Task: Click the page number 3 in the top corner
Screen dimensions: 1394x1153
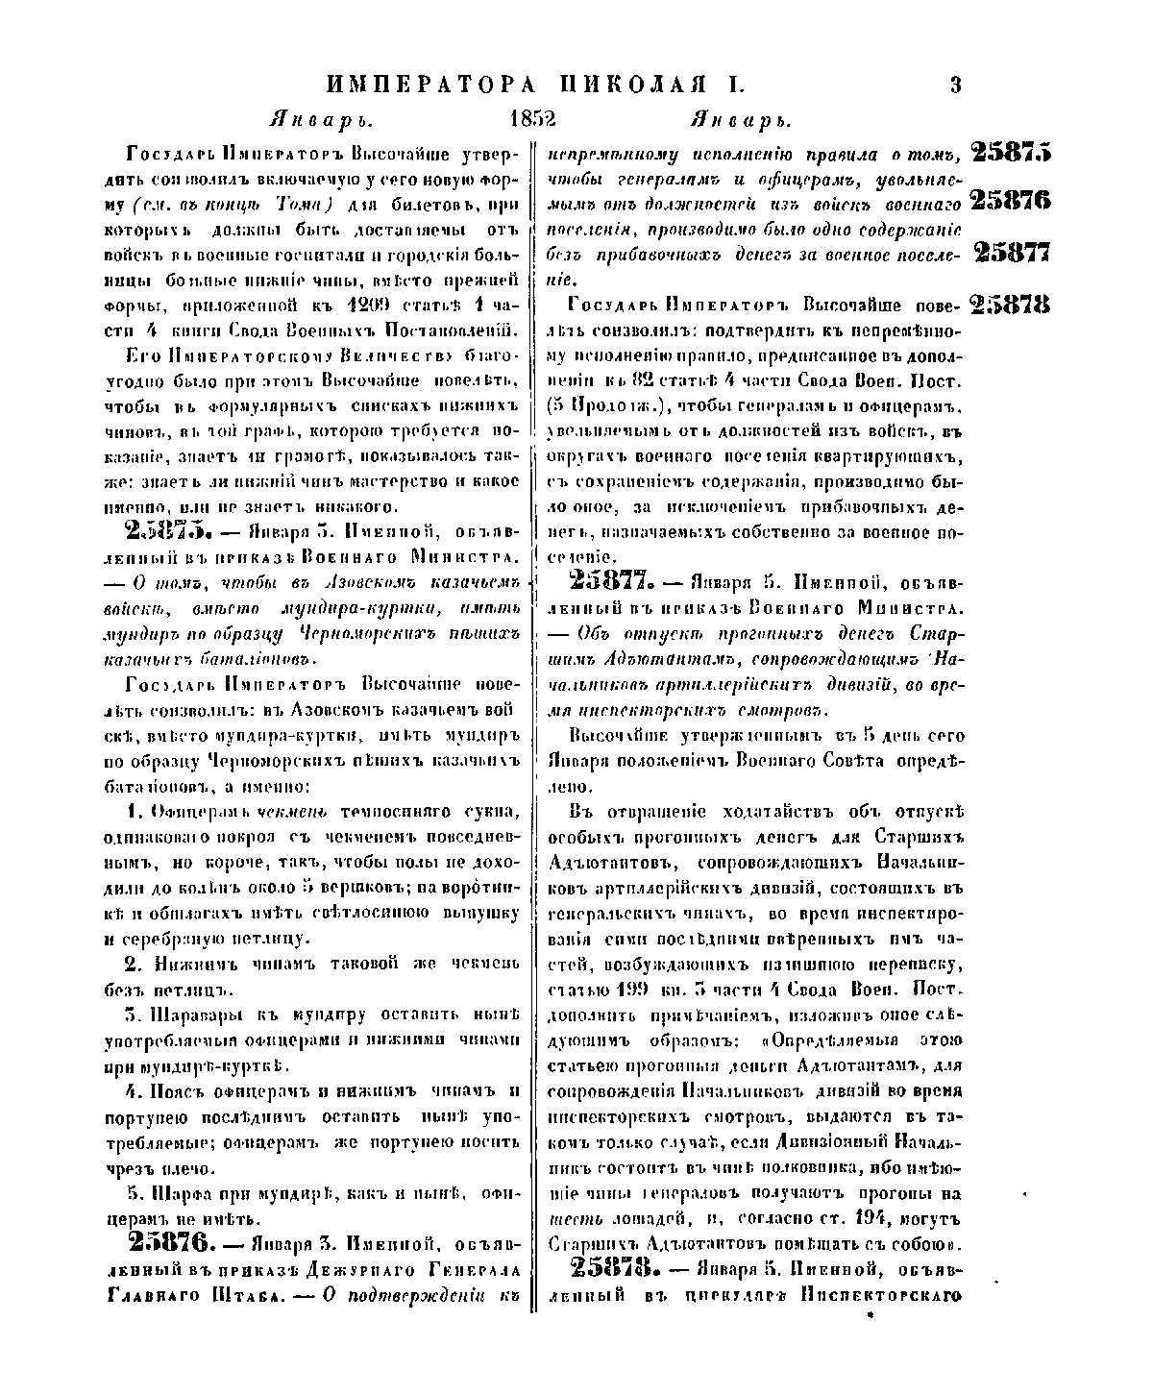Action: point(955,85)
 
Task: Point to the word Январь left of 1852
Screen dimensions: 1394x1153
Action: point(320,122)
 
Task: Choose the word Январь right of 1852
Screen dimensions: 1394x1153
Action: point(741,122)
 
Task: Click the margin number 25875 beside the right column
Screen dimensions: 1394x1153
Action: point(1011,152)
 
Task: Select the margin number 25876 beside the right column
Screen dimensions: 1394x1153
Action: point(1011,201)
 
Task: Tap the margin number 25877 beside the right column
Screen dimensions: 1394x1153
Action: point(1011,252)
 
